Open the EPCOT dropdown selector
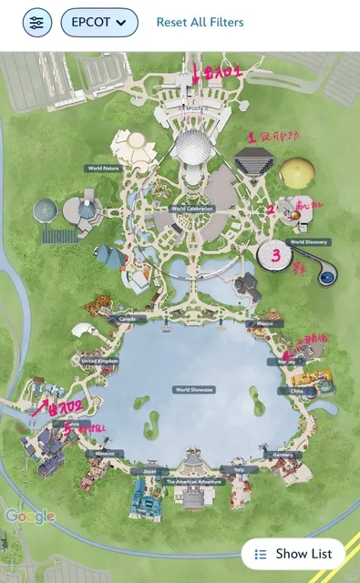pos(99,22)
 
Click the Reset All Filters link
pos(200,22)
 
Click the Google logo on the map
pos(30,517)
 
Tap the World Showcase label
pos(193,389)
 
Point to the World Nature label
pos(104,169)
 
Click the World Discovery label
pos(309,242)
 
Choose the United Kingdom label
pos(99,361)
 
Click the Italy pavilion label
pos(240,471)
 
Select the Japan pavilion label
pos(151,471)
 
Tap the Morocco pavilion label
pos(106,453)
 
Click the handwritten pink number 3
pos(275,256)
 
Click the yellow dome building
pos(300,173)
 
